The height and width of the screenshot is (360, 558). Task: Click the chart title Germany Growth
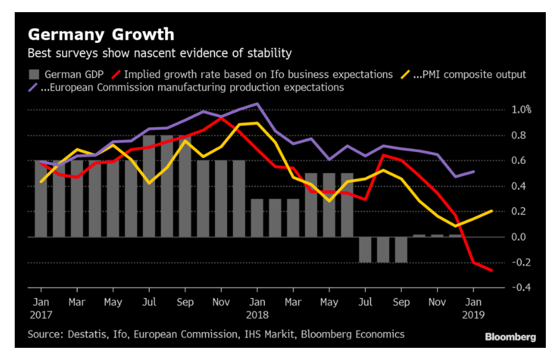click(x=100, y=33)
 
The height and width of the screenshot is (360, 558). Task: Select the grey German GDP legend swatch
click(x=33, y=74)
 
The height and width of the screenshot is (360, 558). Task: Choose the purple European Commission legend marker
click(x=33, y=88)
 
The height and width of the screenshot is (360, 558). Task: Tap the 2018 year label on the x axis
click(x=257, y=315)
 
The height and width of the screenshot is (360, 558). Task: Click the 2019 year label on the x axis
click(x=474, y=315)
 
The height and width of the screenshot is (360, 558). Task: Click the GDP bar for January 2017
click(x=41, y=198)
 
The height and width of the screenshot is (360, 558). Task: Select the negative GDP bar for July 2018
click(x=365, y=249)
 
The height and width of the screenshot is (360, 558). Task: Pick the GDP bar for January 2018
click(x=257, y=217)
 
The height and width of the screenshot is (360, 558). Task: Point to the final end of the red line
click(x=492, y=270)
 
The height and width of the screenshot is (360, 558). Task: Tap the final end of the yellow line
click(x=492, y=210)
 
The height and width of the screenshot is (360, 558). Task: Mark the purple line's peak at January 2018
click(x=257, y=104)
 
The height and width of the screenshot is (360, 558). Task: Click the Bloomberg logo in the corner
click(x=510, y=337)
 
